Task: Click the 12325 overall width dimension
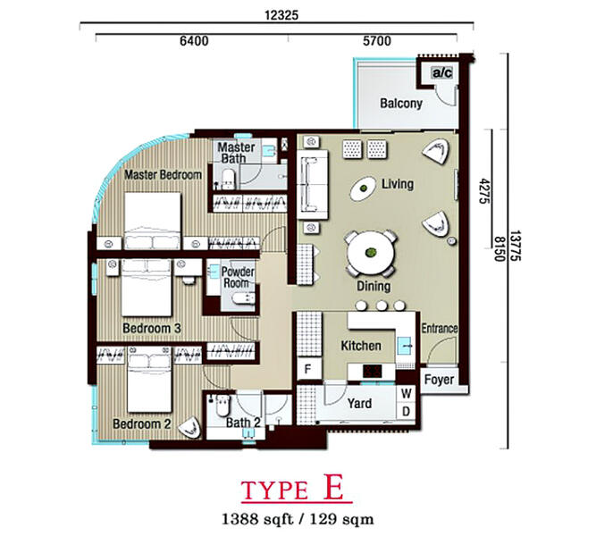click(x=281, y=15)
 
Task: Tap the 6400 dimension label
click(x=194, y=41)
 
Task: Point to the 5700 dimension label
click(x=377, y=41)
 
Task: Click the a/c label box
click(x=442, y=72)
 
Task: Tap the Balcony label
click(x=401, y=104)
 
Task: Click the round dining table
click(x=370, y=253)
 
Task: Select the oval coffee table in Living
click(x=364, y=188)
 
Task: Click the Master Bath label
click(x=236, y=153)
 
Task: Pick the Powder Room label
click(x=238, y=277)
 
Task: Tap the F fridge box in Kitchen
click(x=308, y=369)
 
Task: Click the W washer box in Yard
click(x=406, y=393)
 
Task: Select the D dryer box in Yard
click(x=406, y=411)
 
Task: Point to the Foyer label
click(x=439, y=380)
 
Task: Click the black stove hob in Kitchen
click(x=372, y=372)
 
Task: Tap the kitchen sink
click(x=404, y=346)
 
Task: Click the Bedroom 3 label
click(x=152, y=329)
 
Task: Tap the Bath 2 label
click(x=243, y=423)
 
